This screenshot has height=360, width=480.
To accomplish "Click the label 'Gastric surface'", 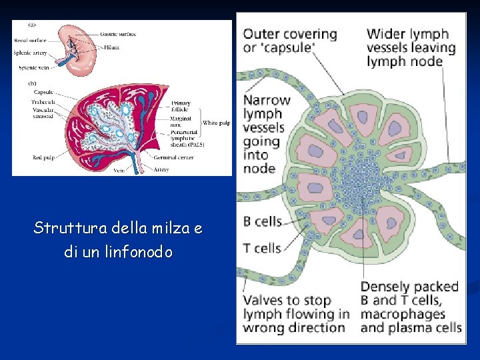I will tap(119, 33).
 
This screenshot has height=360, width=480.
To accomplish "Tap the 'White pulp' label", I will tap(215, 123).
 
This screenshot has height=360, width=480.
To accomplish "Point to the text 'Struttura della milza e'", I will tap(118, 229).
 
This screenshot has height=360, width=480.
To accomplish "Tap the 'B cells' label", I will tap(262, 221).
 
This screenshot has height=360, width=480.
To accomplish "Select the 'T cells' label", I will tap(262, 248).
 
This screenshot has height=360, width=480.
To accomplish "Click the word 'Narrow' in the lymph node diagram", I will tap(267, 100).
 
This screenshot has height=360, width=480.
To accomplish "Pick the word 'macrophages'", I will tap(403, 313).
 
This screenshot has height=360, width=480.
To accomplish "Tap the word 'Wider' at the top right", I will tap(386, 33).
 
